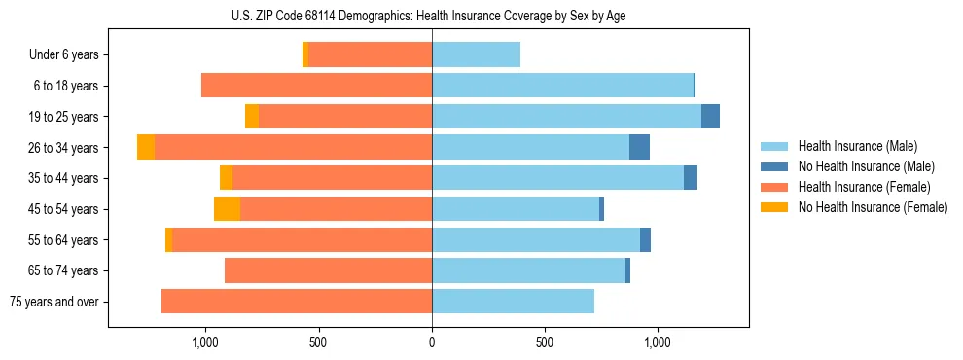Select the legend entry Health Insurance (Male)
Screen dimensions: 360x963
tap(853, 146)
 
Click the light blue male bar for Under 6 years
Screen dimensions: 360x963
tap(476, 55)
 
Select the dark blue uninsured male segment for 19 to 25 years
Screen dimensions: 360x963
tap(710, 117)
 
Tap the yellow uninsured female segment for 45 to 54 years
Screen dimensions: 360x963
tap(227, 209)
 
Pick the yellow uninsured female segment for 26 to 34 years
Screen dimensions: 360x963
tap(146, 147)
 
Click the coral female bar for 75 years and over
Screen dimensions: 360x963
tap(297, 302)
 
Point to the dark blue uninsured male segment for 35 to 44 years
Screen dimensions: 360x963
tap(691, 178)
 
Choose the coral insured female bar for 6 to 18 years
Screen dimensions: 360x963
tap(316, 86)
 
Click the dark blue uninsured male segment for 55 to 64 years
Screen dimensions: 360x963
tap(645, 240)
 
